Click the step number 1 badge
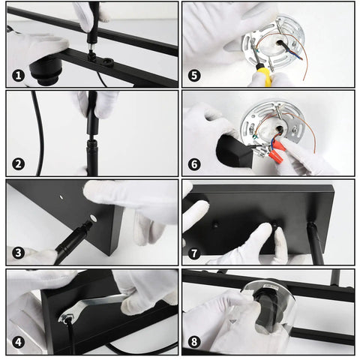click(x=18, y=76)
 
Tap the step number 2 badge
click(x=18, y=164)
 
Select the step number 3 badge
click(x=18, y=253)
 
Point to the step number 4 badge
click(x=18, y=342)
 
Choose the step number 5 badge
click(x=194, y=76)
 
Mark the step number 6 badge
click(x=194, y=164)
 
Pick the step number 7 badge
click(x=194, y=253)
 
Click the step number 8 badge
click(x=194, y=342)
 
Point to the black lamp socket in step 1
click(x=45, y=71)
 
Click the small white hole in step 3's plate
click(x=61, y=197)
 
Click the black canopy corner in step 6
click(x=234, y=151)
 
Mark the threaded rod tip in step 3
click(x=88, y=224)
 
